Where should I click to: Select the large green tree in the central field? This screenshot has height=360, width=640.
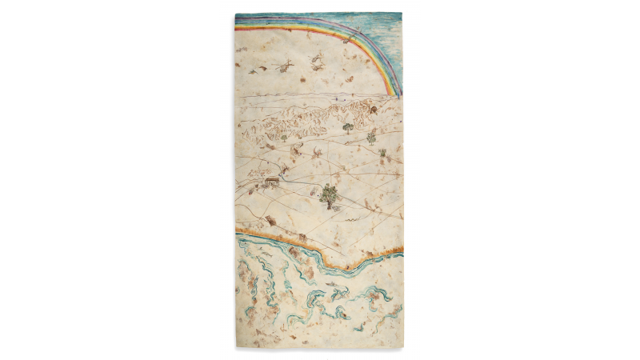tap(329, 192)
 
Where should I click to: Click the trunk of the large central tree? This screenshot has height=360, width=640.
tap(329, 203)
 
